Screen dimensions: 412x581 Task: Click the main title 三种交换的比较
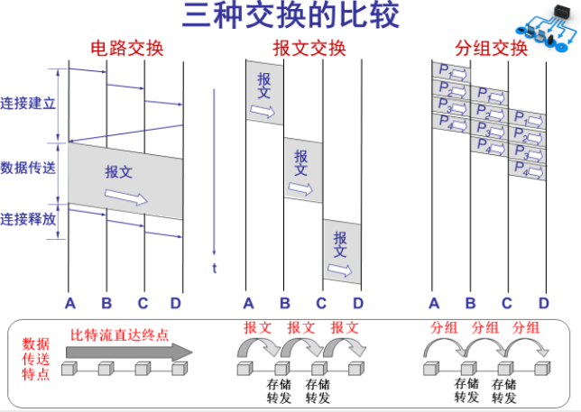pyautogui.click(x=290, y=17)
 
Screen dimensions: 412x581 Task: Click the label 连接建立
pyautogui.click(x=28, y=103)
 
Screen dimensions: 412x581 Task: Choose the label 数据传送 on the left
pyautogui.click(x=28, y=168)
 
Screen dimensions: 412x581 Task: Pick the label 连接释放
pyautogui.click(x=28, y=219)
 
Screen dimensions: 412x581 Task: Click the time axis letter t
pyautogui.click(x=215, y=268)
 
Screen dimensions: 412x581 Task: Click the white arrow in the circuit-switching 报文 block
pyautogui.click(x=125, y=197)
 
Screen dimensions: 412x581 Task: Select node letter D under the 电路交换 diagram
pyautogui.click(x=176, y=303)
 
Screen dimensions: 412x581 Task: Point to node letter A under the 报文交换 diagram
pyautogui.click(x=249, y=303)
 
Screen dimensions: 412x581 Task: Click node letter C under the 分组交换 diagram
pyautogui.click(x=507, y=303)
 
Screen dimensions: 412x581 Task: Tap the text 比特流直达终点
pyautogui.click(x=120, y=335)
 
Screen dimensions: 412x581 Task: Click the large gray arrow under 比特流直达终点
pyautogui.click(x=131, y=352)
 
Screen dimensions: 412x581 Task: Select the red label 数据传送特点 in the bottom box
pyautogui.click(x=36, y=358)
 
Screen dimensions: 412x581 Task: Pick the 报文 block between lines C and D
pyautogui.click(x=342, y=251)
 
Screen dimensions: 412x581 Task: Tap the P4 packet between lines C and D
pyautogui.click(x=526, y=168)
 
